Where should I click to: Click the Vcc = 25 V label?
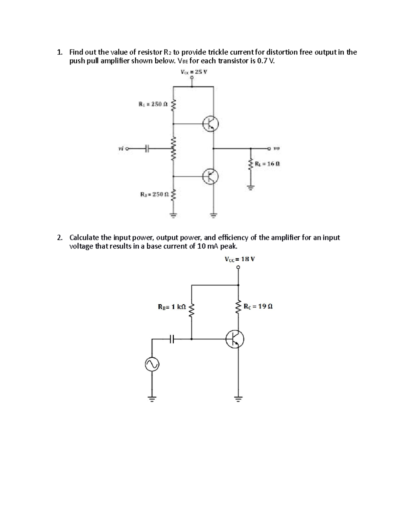click(x=194, y=72)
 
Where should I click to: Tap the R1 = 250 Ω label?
click(x=153, y=105)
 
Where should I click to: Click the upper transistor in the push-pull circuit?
click(x=210, y=124)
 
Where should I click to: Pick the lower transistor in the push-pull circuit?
click(x=210, y=176)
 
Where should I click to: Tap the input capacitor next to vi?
click(x=147, y=148)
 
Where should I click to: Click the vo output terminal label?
click(x=276, y=148)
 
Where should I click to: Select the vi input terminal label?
click(x=120, y=148)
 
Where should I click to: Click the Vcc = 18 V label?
click(x=239, y=259)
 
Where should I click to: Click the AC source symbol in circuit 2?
click(x=152, y=365)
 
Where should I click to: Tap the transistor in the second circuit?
click(x=235, y=339)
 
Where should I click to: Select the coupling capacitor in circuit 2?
click(x=172, y=338)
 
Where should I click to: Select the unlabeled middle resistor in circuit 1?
click(x=174, y=149)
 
